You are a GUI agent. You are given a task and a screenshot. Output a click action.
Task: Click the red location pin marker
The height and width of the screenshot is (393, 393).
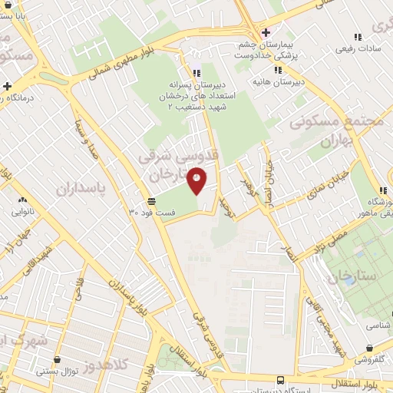[x=197, y=180]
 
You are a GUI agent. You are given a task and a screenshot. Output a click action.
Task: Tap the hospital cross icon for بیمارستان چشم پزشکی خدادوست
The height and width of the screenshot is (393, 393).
[x=266, y=32]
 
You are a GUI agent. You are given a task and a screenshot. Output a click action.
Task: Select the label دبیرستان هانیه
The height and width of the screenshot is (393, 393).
[x=282, y=81]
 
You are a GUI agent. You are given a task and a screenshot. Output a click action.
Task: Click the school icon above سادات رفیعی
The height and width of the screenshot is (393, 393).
[x=357, y=36]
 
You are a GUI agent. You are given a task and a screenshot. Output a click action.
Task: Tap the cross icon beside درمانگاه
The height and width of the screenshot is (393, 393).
[x=7, y=86]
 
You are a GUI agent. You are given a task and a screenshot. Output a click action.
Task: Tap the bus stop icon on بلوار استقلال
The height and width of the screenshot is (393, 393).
[x=280, y=380]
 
